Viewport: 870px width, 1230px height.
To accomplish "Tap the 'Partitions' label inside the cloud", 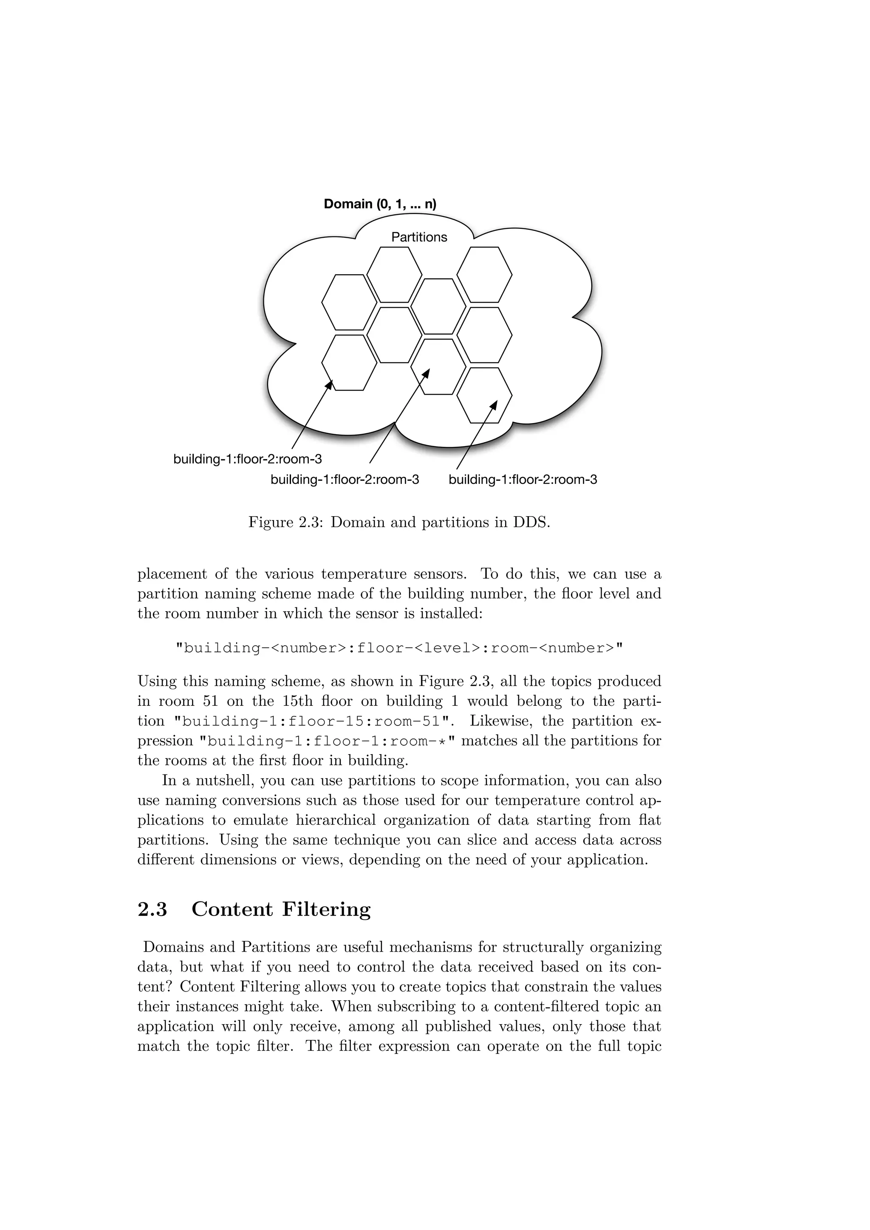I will (419, 237).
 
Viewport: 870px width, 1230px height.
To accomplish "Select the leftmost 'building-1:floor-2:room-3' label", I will (248, 460).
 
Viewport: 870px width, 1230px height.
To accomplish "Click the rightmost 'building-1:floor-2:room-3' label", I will (523, 480).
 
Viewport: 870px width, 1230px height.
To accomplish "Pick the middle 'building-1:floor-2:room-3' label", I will (345, 480).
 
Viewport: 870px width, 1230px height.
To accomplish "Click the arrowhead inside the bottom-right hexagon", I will (494, 404).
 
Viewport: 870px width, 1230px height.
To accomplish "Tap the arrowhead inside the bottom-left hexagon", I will (330, 385).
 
